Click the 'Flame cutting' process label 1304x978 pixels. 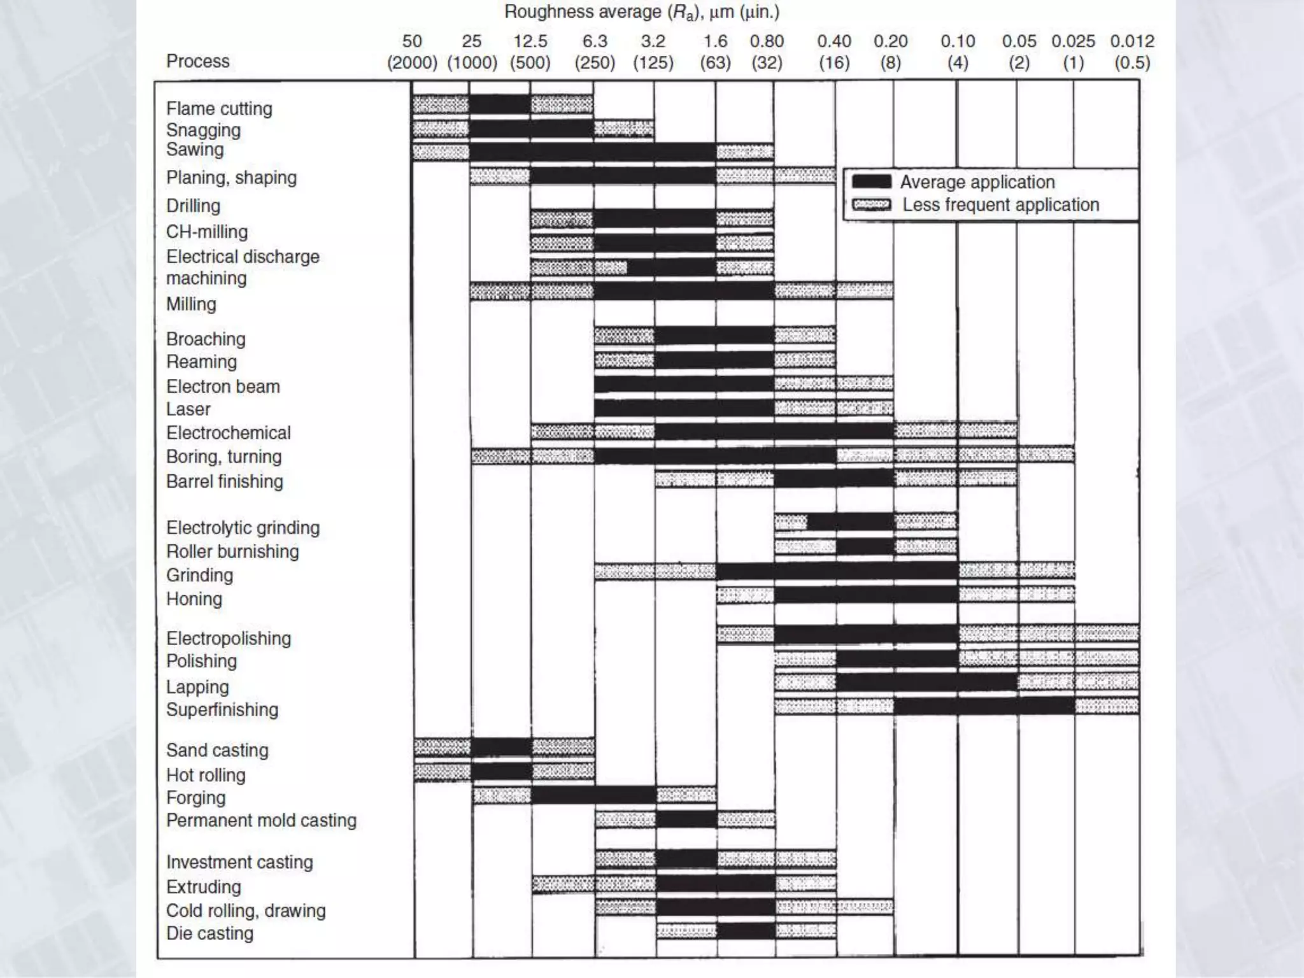pos(219,109)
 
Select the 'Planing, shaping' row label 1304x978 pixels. pos(231,178)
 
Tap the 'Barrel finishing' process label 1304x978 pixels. pos(224,481)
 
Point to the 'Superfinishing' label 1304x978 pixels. pos(222,709)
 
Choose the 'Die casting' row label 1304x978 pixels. pos(209,933)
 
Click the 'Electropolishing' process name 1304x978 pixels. pos(228,638)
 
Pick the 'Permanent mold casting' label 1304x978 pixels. pos(261,820)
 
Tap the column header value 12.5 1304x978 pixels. pos(530,41)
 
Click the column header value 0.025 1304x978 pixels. pos(1073,41)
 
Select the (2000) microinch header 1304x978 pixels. pos(412,63)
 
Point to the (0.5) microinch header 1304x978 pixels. pos(1131,63)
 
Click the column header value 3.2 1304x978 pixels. pos(653,41)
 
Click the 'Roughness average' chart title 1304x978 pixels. pos(642,12)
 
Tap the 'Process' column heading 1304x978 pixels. pos(197,61)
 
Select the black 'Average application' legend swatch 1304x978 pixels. pos(871,182)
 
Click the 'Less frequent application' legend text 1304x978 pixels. pos(1000,205)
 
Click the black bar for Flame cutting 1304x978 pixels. pos(500,104)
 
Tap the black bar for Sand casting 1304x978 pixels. pos(502,746)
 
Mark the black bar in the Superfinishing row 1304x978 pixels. pos(984,705)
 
